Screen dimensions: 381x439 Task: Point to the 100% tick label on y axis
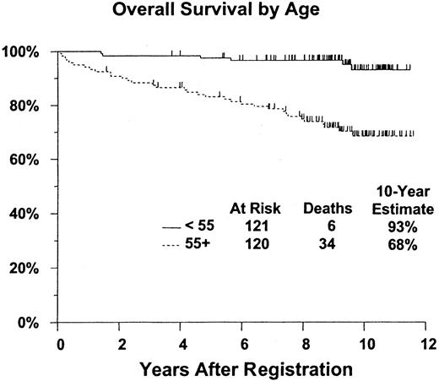(23, 52)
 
